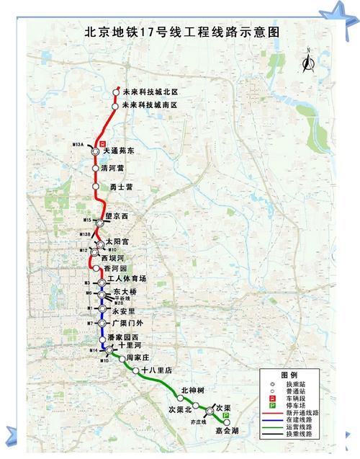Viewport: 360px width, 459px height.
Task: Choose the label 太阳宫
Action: coord(116,243)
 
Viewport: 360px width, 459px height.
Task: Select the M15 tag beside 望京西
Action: coord(87,220)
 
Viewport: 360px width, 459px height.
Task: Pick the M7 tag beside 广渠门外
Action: coord(89,324)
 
